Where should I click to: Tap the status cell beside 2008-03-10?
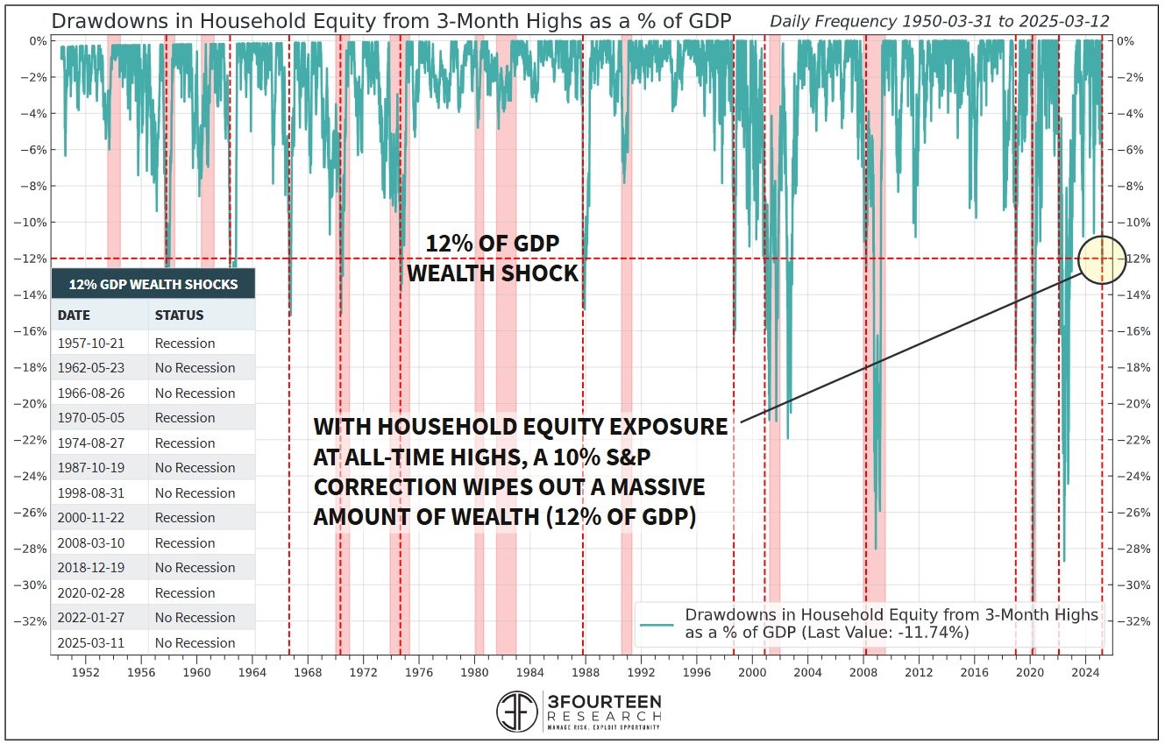click(x=184, y=543)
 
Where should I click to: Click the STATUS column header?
click(x=179, y=315)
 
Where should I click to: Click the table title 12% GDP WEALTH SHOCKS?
click(x=153, y=284)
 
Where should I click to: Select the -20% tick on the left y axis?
click(x=32, y=404)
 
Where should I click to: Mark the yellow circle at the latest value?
click(x=1101, y=259)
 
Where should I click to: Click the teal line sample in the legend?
click(x=657, y=624)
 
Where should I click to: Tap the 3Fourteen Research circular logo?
click(x=517, y=712)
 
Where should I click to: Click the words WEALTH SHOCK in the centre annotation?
click(x=493, y=273)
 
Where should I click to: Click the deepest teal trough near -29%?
click(x=1064, y=562)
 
